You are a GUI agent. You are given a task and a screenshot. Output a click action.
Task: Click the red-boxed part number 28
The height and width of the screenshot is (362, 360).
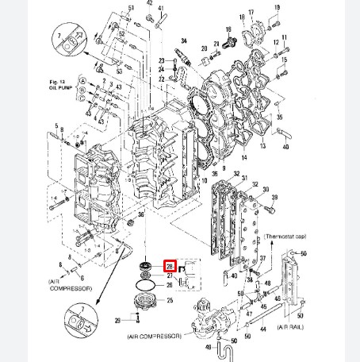pos(169,266)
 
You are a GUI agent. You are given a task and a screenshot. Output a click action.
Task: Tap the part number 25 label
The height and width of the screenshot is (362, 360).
pos(169,301)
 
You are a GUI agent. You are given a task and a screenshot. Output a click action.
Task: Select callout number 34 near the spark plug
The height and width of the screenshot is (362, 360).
pos(184,40)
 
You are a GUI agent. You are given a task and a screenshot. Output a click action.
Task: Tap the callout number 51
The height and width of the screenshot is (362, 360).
pos(132,8)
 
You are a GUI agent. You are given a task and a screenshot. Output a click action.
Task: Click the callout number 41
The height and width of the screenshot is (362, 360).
pos(161,8)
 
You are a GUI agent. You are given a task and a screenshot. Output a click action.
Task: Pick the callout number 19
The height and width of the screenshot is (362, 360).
pos(277,8)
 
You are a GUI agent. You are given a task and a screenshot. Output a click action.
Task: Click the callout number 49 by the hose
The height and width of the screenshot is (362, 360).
pos(207,347)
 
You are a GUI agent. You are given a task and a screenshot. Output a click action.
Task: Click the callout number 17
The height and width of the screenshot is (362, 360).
pos(251,13)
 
